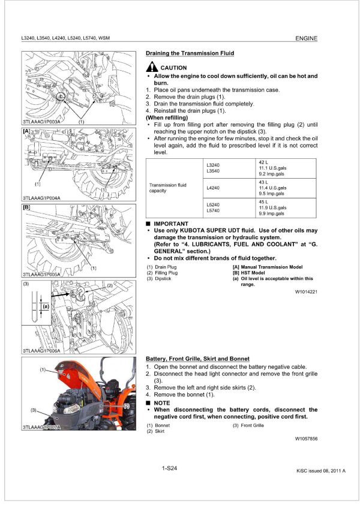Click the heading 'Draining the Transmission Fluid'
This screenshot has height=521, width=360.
tap(190, 53)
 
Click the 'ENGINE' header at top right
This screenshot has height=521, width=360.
tap(306, 38)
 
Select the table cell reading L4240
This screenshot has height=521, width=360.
tap(213, 188)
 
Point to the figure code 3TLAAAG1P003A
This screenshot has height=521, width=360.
tap(41, 122)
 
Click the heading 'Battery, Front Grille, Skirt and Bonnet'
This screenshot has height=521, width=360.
tap(197, 359)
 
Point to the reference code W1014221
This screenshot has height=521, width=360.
tap(307, 292)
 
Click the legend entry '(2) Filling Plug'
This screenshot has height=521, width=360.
tap(163, 273)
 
